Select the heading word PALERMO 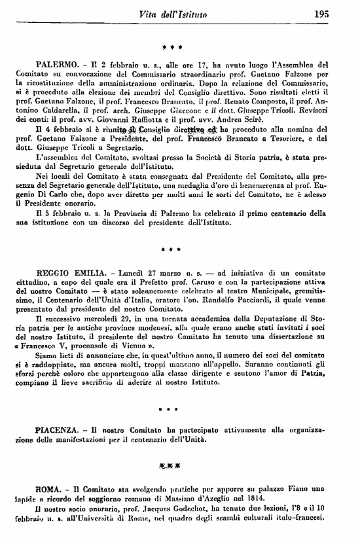tap(58, 66)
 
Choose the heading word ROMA tap(49, 489)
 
